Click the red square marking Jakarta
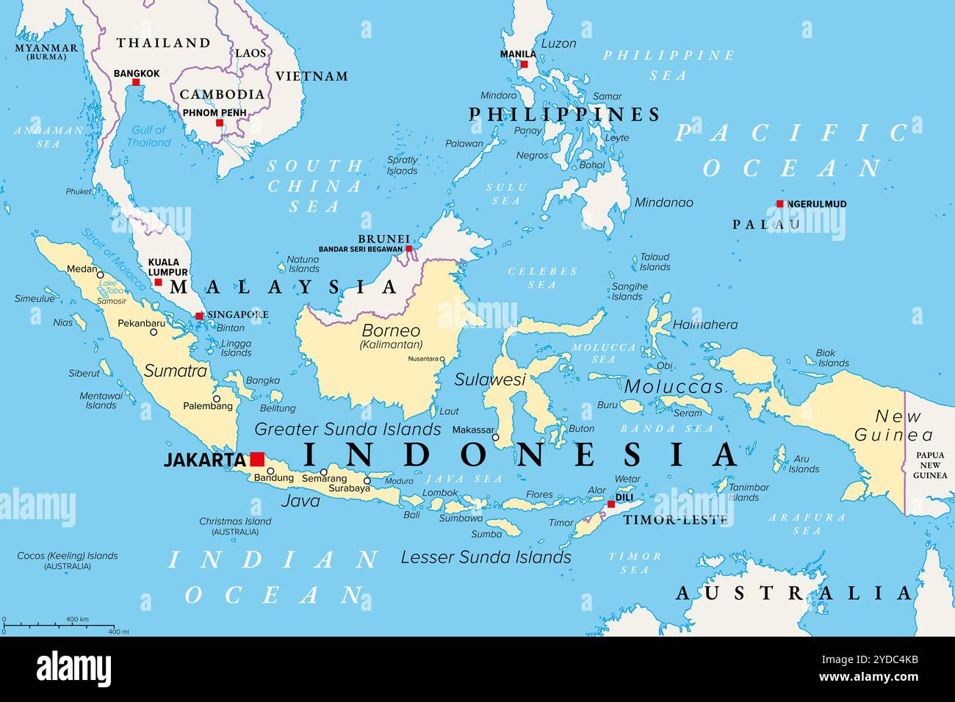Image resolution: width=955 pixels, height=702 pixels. pos(257,459)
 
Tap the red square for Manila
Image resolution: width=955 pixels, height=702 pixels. pos(525,64)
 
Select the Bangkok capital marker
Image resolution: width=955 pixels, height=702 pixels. pos(136,83)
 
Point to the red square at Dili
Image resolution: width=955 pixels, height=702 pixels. pos(610,504)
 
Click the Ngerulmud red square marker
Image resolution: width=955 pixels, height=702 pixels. pos(779,204)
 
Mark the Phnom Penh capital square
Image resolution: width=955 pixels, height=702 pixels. pos(219,123)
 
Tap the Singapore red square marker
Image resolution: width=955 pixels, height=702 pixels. pos(199,316)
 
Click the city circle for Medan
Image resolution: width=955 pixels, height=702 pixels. pos(101,275)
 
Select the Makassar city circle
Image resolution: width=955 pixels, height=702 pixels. pos(495,438)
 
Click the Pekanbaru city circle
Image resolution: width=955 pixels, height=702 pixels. pos(154,332)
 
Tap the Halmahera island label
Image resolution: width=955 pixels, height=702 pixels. pos(704,325)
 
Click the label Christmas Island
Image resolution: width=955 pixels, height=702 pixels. pos(235,521)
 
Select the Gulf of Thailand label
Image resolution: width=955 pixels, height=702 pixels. pos(148,136)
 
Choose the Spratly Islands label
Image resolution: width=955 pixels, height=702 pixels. pos(403,165)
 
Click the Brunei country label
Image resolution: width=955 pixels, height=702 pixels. pos(383,239)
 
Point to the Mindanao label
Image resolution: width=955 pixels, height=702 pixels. pos(663,203)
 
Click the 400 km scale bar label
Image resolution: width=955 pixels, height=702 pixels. pos(77,620)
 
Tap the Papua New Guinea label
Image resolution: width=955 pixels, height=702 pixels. pos(929,465)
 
